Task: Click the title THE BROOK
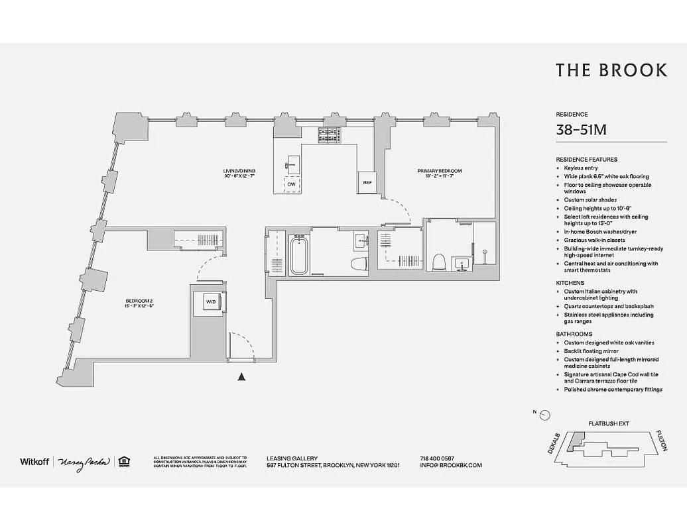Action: click(x=611, y=71)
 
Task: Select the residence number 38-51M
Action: click(x=581, y=131)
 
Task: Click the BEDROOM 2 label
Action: click(x=139, y=303)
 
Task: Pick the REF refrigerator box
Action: click(x=367, y=182)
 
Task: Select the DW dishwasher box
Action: click(x=292, y=184)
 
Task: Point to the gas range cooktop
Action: click(x=330, y=135)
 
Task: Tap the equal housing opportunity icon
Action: click(x=123, y=461)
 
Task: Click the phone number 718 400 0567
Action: click(x=437, y=458)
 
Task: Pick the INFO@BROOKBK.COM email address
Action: click(x=451, y=465)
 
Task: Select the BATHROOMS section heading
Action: click(x=574, y=334)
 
